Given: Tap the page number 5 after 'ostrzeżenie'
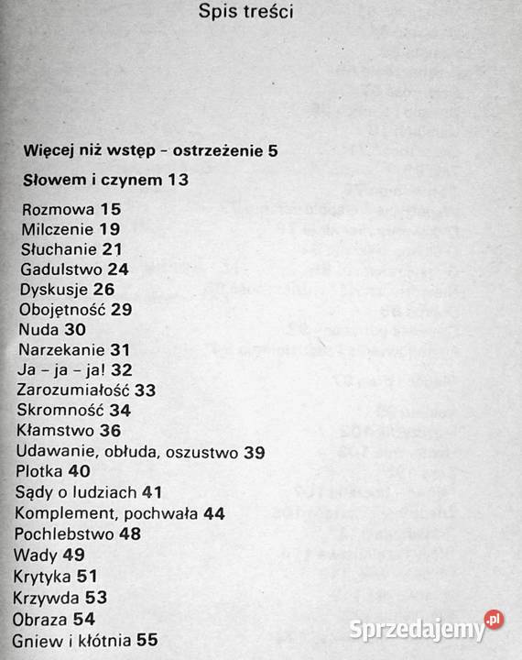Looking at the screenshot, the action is [273, 150].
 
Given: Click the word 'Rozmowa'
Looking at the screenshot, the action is [58, 209].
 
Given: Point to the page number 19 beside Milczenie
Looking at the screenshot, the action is [110, 229].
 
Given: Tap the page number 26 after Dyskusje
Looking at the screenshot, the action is [103, 290].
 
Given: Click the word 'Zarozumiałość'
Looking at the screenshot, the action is [73, 390].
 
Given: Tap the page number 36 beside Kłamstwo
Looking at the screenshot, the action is [110, 430].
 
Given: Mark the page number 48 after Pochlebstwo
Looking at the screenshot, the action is [130, 533].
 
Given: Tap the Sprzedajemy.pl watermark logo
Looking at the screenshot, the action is [426, 628].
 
